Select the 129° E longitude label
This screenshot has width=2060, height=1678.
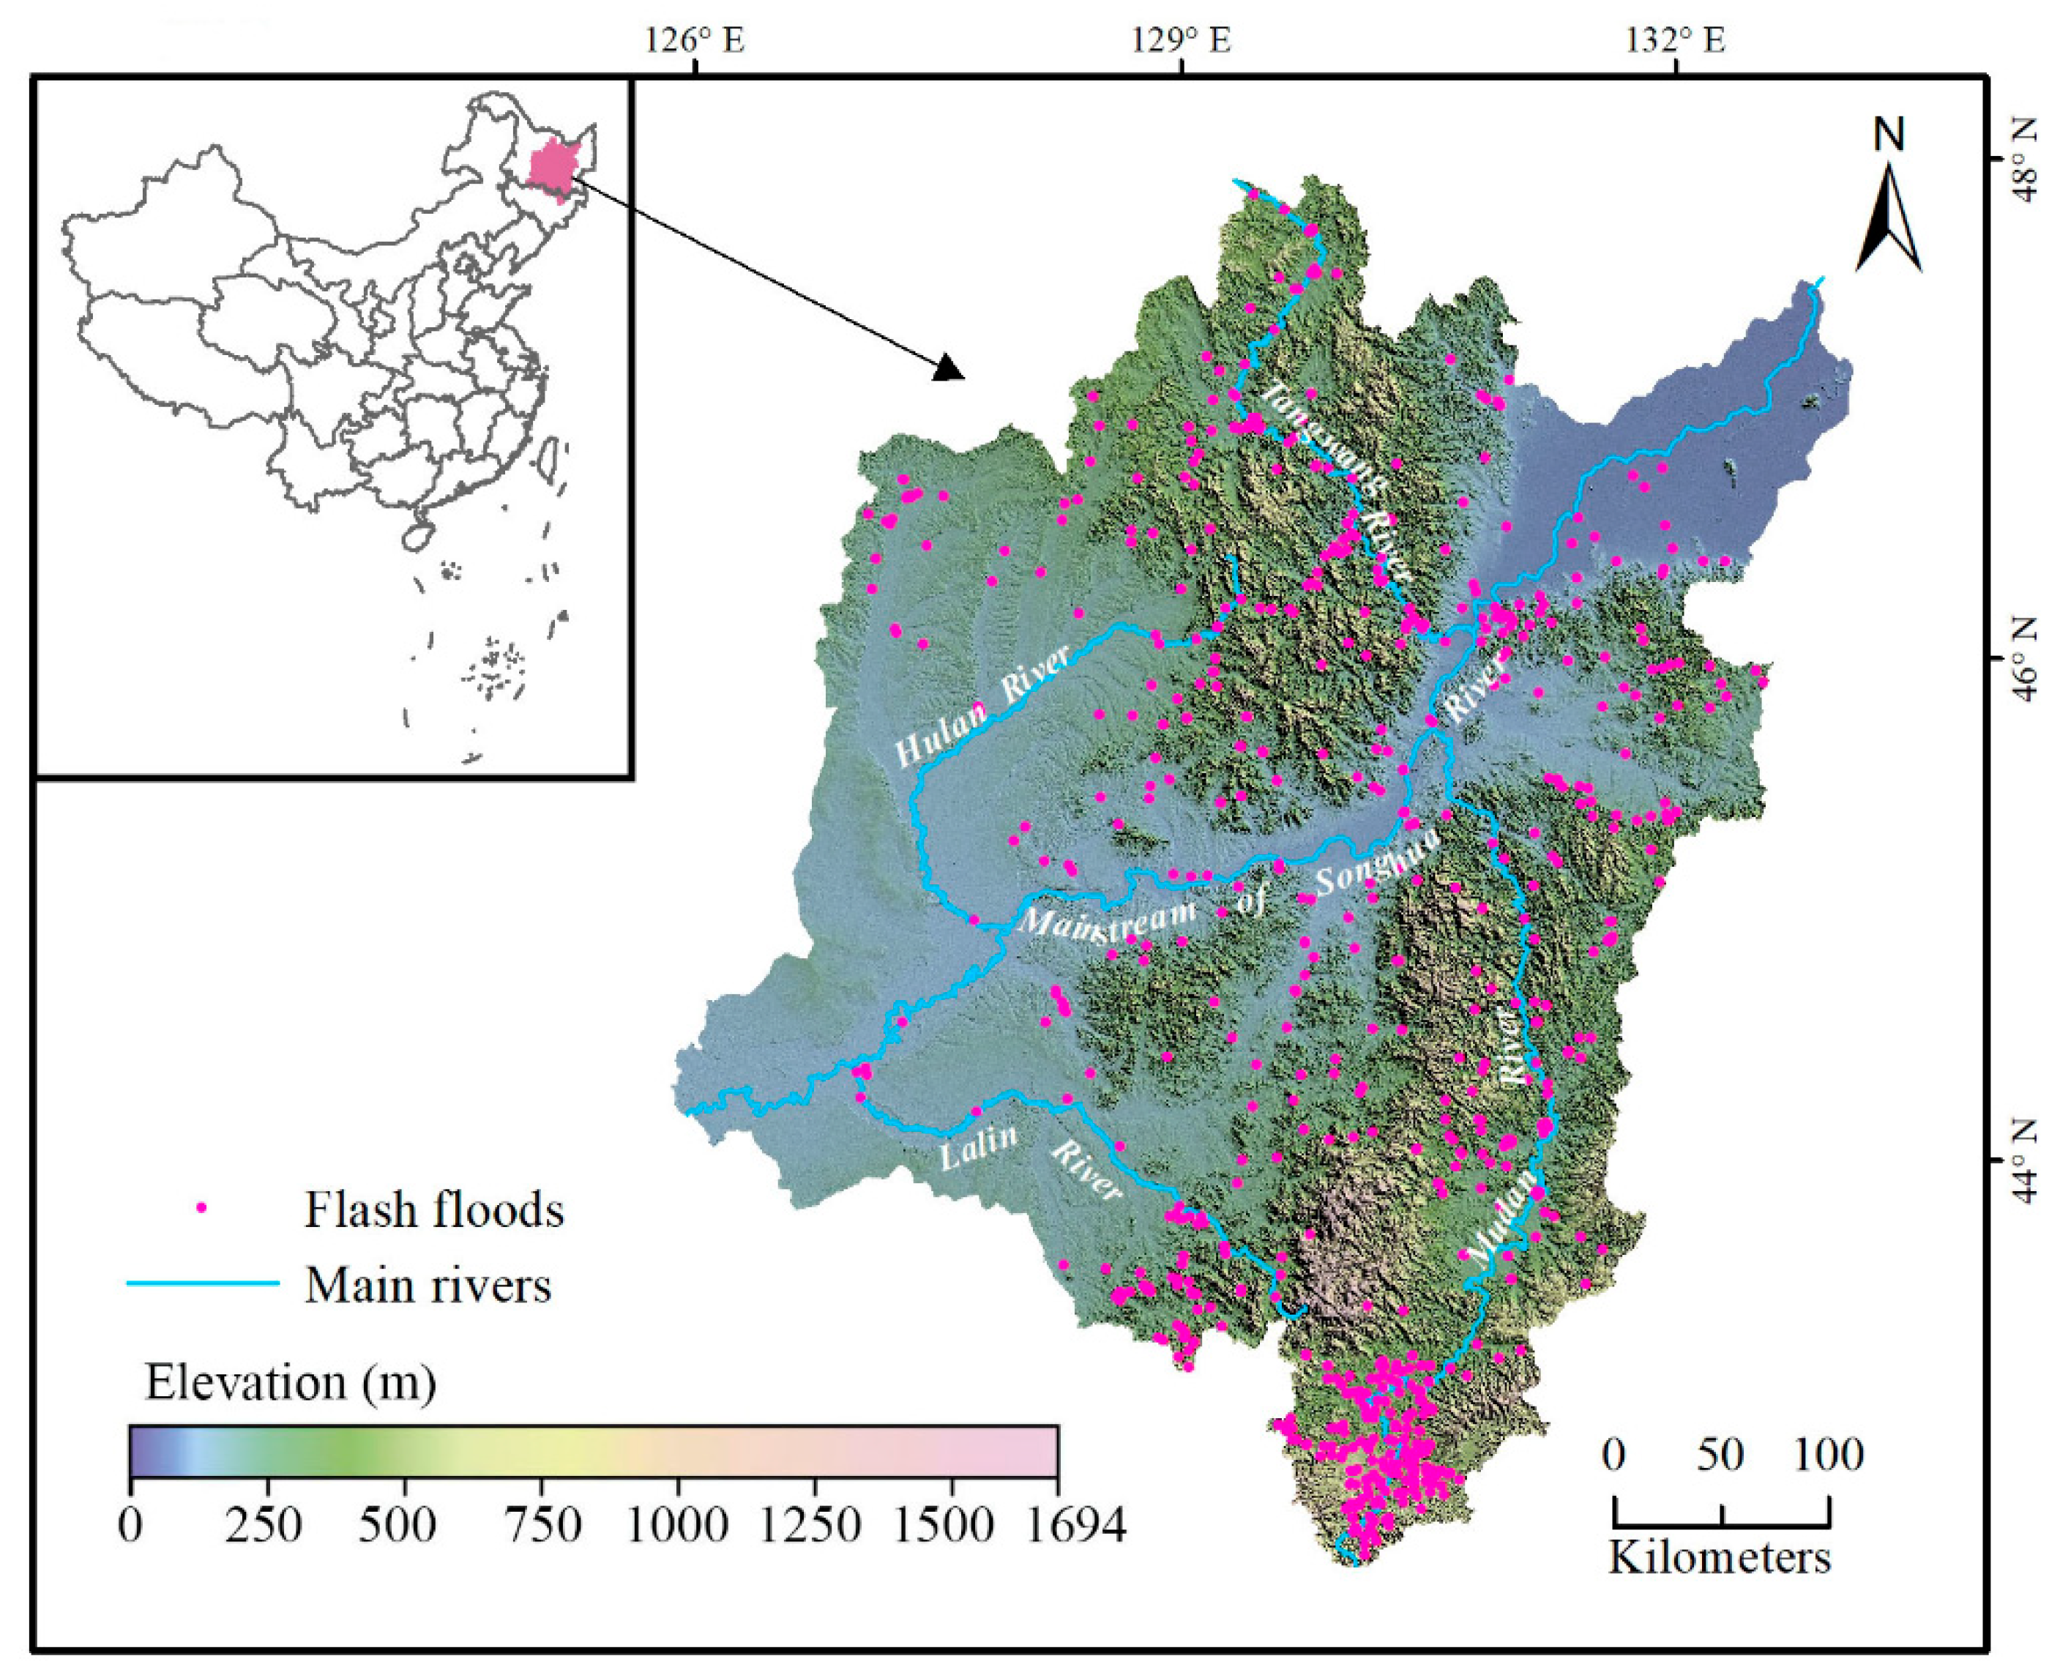pyautogui.click(x=1182, y=40)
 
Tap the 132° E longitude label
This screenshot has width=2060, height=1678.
pyautogui.click(x=1675, y=40)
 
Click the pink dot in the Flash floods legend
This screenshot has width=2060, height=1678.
pyautogui.click(x=202, y=1207)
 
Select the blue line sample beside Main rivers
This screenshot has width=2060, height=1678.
pyautogui.click(x=203, y=1283)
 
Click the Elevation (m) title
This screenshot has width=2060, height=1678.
pyautogui.click(x=290, y=1383)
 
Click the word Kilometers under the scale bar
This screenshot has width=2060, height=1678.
pyautogui.click(x=1720, y=1558)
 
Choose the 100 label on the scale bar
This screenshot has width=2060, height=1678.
pyautogui.click(x=1828, y=1455)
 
